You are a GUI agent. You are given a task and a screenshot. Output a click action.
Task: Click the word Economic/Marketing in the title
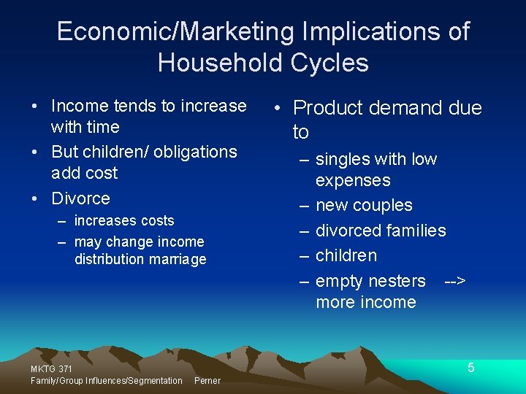tap(175, 31)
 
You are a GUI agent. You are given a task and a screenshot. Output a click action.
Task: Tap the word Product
tap(328, 108)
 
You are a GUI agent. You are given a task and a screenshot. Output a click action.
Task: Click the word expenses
tap(353, 180)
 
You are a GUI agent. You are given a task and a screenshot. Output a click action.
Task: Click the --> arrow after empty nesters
tap(455, 281)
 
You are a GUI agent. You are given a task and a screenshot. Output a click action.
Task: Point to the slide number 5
tap(471, 368)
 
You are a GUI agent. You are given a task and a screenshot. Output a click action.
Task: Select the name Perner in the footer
tap(207, 380)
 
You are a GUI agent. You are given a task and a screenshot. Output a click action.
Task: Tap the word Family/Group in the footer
tap(57, 380)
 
